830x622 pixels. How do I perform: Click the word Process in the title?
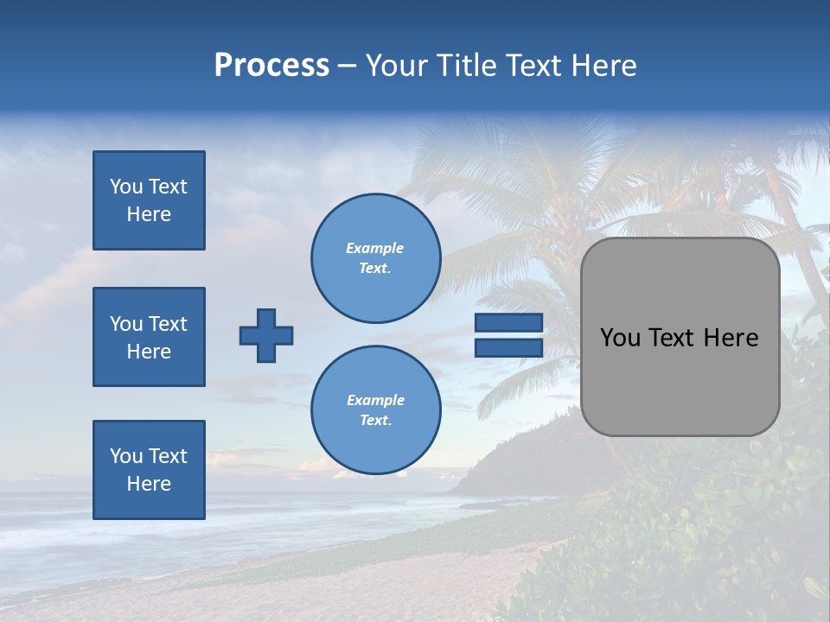pyautogui.click(x=271, y=66)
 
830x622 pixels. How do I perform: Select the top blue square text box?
pyautogui.click(x=149, y=200)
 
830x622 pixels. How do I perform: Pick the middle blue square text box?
pyautogui.click(x=149, y=337)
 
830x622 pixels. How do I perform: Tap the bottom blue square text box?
pyautogui.click(x=149, y=470)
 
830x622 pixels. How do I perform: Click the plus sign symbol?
pyautogui.click(x=266, y=335)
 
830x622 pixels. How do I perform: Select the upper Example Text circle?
pyautogui.click(x=376, y=258)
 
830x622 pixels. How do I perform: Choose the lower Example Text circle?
pyautogui.click(x=376, y=410)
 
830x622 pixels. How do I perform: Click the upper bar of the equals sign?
pyautogui.click(x=508, y=323)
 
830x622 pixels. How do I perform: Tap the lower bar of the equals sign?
pyautogui.click(x=508, y=348)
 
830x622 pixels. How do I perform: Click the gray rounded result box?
pyautogui.click(x=680, y=380)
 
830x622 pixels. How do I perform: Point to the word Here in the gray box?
pyautogui.click(x=731, y=338)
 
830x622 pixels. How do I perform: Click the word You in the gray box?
pyautogui.click(x=620, y=338)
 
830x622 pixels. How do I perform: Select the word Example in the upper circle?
pyautogui.click(x=375, y=249)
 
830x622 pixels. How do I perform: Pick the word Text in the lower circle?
pyautogui.click(x=374, y=421)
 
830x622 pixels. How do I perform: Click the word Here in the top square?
pyautogui.click(x=149, y=214)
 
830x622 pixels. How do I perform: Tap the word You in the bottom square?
pyautogui.click(x=125, y=456)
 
